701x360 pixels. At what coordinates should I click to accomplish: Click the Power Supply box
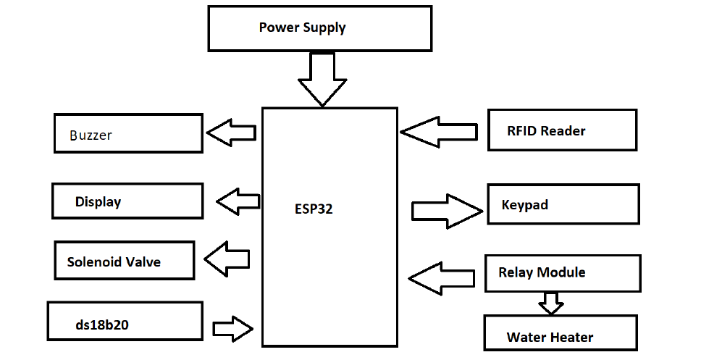tap(319, 28)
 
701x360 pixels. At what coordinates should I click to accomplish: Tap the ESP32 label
tap(314, 209)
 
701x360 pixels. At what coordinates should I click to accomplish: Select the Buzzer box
tap(128, 133)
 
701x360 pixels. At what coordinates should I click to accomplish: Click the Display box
tap(127, 201)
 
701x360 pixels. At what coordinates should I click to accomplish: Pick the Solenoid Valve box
tap(125, 261)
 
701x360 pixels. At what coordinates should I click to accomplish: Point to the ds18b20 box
tap(125, 322)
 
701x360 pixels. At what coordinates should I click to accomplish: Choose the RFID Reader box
tap(562, 130)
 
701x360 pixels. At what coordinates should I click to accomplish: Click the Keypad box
tap(563, 204)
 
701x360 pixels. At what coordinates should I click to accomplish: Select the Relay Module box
tap(563, 272)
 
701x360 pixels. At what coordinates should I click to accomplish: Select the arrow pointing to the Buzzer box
tap(232, 133)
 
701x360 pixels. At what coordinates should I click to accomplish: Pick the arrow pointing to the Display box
tap(239, 200)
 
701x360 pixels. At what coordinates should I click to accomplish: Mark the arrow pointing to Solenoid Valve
tap(228, 258)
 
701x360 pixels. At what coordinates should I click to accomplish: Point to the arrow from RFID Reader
tap(439, 132)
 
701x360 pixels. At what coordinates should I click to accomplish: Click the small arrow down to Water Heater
tap(551, 302)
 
